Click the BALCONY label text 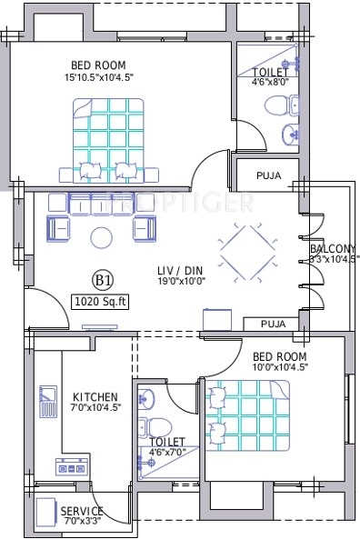click(x=331, y=248)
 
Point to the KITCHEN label click(x=95, y=397)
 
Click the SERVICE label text click(x=82, y=511)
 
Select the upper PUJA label click(x=268, y=175)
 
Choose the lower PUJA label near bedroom click(x=273, y=323)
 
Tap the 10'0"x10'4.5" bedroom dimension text click(x=280, y=367)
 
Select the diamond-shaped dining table click(x=246, y=249)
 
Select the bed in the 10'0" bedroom click(x=246, y=413)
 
